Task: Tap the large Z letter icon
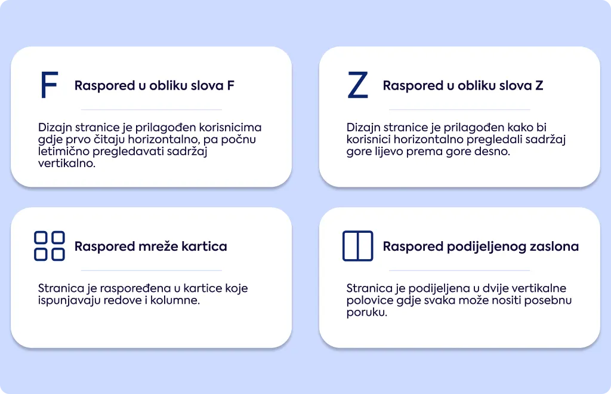[358, 85]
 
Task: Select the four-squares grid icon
[50, 246]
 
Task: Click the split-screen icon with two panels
[358, 246]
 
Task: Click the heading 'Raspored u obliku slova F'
[155, 85]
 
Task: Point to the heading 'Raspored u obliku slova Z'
[463, 85]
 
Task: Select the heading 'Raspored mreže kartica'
[151, 247]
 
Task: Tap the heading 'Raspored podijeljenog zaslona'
[481, 247]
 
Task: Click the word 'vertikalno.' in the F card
[67, 164]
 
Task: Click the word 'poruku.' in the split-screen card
[367, 313]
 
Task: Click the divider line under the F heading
[151, 109]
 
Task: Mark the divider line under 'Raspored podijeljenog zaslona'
[459, 270]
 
